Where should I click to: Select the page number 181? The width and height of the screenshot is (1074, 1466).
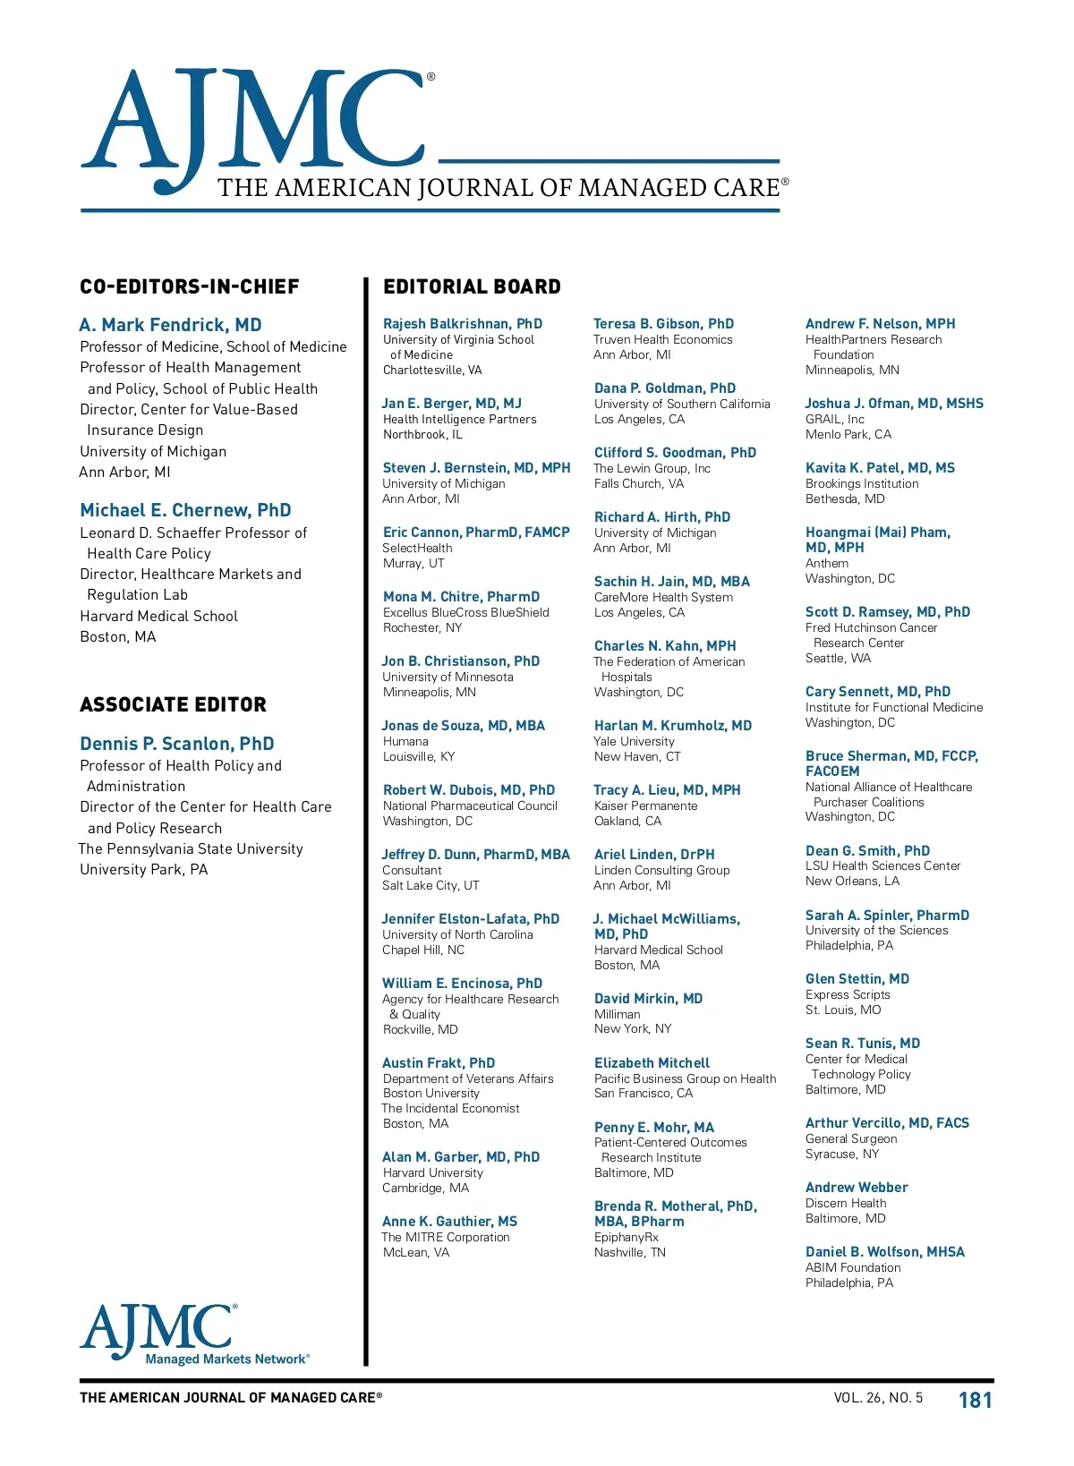tap(975, 1400)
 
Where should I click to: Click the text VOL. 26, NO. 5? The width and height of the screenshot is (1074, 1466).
tap(877, 1398)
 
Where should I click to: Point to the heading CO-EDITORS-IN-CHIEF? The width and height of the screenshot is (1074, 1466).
tap(190, 287)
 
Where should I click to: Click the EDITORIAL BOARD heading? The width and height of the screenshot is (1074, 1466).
tap(472, 287)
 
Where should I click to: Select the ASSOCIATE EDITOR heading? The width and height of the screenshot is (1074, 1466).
tap(173, 705)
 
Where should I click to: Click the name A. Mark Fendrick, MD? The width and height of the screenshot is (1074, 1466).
tap(170, 325)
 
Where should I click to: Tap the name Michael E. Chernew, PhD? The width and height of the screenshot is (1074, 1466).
tap(185, 510)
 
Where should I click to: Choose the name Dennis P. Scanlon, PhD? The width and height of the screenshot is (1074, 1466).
tap(177, 744)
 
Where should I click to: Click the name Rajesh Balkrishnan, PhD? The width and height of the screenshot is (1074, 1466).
tap(463, 324)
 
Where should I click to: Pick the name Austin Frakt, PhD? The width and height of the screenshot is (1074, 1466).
tap(439, 1063)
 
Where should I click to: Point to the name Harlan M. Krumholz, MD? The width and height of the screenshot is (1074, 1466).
tap(673, 726)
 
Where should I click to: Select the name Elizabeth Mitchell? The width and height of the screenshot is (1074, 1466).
tap(652, 1063)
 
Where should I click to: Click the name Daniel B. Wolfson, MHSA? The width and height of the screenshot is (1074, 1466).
tap(885, 1252)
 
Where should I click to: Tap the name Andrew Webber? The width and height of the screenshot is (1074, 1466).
tap(857, 1188)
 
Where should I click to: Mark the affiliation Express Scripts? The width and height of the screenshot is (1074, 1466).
tap(848, 994)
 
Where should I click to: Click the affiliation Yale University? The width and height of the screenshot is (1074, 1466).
tap(635, 741)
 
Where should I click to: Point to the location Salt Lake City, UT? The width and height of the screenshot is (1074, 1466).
tap(430, 885)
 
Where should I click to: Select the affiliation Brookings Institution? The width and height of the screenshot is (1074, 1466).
tap(862, 483)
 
